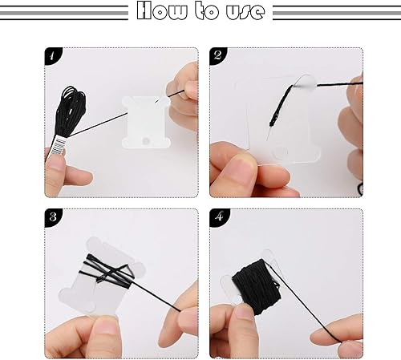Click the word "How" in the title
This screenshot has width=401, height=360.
[x=162, y=10]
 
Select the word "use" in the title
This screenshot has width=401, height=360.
[x=245, y=12]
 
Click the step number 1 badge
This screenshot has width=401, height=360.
[x=53, y=55]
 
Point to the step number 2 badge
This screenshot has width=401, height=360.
[x=217, y=55]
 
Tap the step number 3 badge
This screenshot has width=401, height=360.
[x=53, y=217]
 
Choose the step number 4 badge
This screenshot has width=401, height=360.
[x=219, y=217]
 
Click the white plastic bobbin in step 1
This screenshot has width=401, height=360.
[x=146, y=122]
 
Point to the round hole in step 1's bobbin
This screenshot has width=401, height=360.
[x=146, y=141]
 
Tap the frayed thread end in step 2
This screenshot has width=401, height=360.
[x=279, y=111]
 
